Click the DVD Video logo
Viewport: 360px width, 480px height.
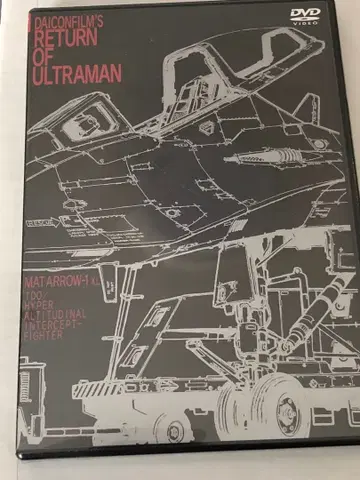(x=306, y=15)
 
